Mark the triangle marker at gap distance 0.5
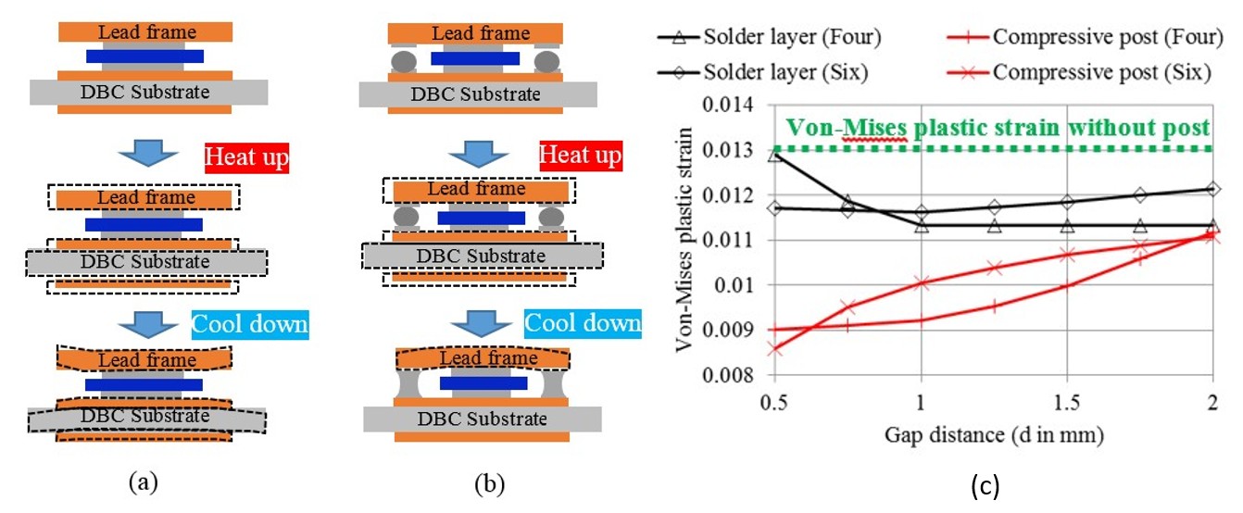[x=774, y=155]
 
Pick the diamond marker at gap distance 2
[x=1213, y=189]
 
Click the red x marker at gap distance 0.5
[x=774, y=349]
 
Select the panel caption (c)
[x=984, y=484]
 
